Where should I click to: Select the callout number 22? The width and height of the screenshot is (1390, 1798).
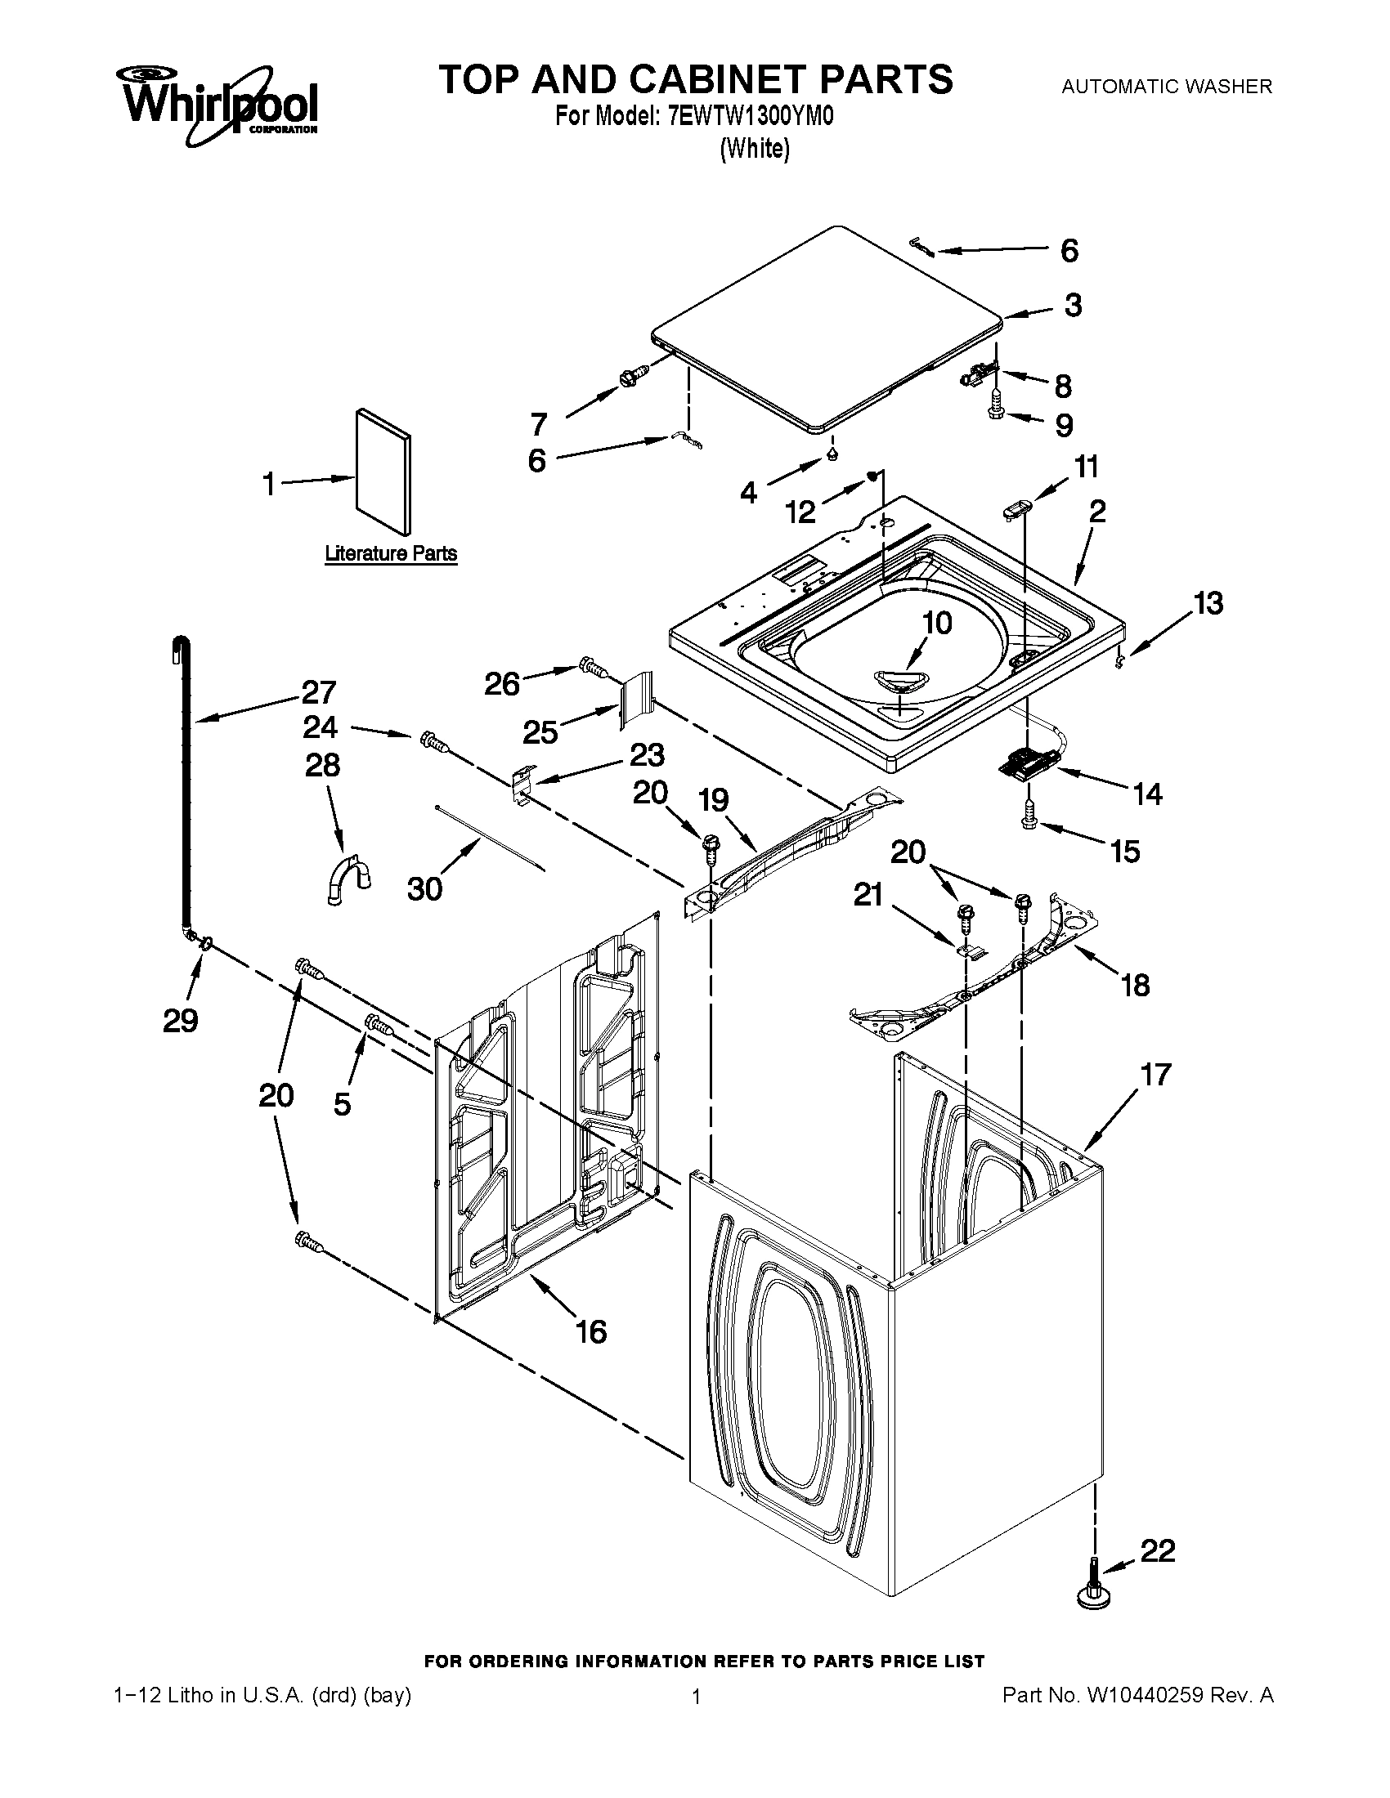pos(1157,1551)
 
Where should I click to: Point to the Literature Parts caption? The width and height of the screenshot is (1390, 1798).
pos(390,553)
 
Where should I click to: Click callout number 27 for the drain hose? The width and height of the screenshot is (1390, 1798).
pos(319,691)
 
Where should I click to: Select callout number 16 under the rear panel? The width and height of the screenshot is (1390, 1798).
pos(591,1331)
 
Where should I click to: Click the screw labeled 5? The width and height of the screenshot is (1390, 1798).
pos(378,1025)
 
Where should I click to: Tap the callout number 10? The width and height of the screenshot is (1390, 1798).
pos(937,623)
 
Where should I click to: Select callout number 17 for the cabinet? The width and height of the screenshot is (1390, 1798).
pos(1155,1075)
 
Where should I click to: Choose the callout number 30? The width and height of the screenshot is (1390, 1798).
pos(425,888)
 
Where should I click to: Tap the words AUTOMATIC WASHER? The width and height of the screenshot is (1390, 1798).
pos(1166,86)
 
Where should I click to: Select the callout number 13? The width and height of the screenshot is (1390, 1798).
pos(1208,603)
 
